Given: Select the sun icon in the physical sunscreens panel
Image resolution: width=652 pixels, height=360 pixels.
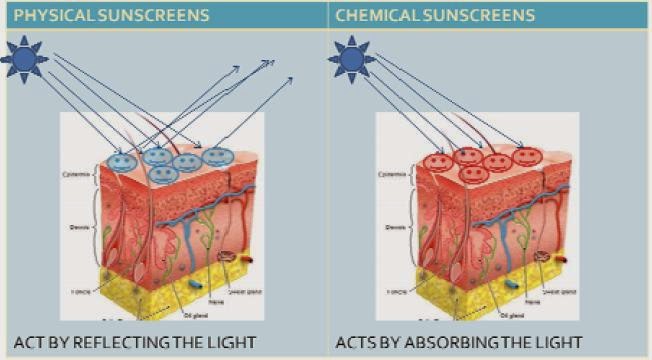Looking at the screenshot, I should coord(23,59).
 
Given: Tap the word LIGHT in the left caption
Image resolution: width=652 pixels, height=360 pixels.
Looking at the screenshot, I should coord(232,342).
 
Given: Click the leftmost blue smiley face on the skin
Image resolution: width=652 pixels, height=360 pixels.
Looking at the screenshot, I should coord(122,162).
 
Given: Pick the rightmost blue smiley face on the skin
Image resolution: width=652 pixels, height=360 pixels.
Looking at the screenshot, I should coord(216,156).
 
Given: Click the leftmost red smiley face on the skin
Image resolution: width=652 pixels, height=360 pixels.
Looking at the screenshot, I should coord(438,162).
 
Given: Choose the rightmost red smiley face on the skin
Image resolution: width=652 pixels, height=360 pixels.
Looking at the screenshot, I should coord(529,156).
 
